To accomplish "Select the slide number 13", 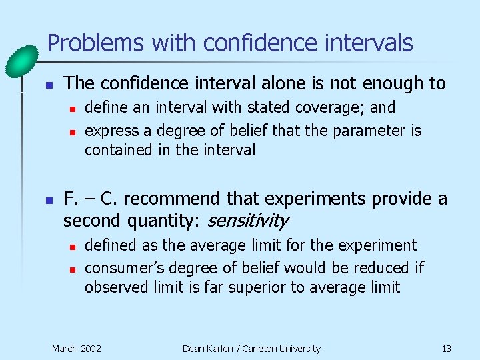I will pyautogui.click(x=446, y=349).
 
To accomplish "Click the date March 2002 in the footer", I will pyautogui.click(x=77, y=349).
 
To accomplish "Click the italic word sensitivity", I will pyautogui.click(x=248, y=221).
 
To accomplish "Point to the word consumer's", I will pyautogui.click(x=124, y=268).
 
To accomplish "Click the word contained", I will pyautogui.click(x=118, y=151).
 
